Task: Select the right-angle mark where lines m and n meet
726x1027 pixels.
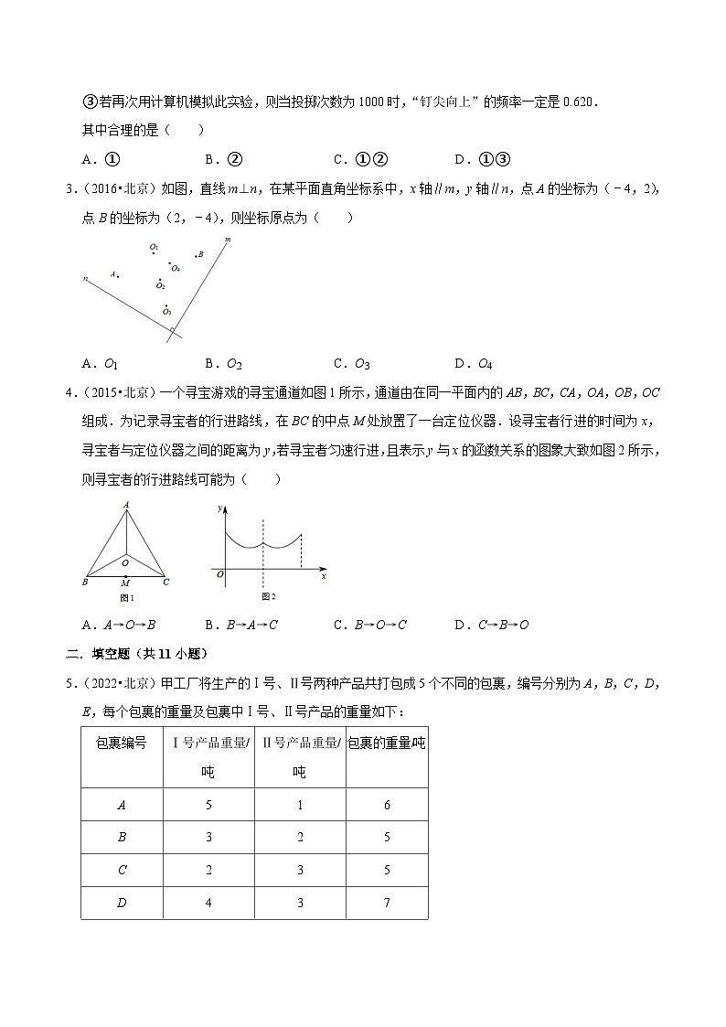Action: pos(172,329)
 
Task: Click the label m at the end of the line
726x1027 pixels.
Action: pos(226,240)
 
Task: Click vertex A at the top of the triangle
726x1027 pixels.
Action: pos(125,506)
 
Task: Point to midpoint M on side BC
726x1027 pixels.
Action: pos(125,582)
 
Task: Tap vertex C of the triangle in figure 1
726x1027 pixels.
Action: pos(165,581)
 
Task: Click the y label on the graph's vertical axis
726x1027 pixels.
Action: pos(219,507)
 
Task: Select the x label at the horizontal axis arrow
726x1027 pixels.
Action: pos(324,576)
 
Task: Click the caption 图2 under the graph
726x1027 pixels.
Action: pos(268,596)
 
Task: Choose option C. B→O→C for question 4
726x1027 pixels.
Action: pos(370,625)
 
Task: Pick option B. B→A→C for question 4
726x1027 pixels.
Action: pos(241,625)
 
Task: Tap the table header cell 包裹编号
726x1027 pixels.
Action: pos(122,743)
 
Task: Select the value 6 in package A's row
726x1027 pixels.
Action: pos(387,804)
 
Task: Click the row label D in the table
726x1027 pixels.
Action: pos(122,903)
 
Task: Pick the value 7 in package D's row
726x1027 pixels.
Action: pos(387,903)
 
